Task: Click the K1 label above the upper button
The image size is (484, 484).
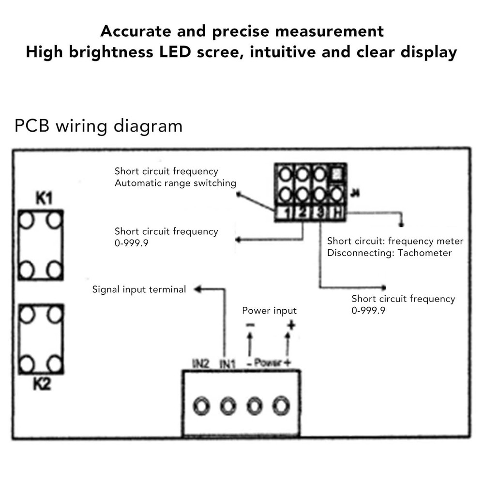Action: [x=44, y=198]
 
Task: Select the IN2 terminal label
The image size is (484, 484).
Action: [x=200, y=363]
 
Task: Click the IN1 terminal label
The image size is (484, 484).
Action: [x=227, y=363]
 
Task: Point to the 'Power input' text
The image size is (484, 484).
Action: [x=269, y=311]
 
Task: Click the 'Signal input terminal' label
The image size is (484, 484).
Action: [x=139, y=289]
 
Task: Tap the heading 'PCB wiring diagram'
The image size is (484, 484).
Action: [x=99, y=126]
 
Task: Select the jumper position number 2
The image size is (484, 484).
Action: [x=302, y=213]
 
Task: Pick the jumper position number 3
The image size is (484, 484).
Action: [x=319, y=213]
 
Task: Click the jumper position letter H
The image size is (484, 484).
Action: [x=336, y=213]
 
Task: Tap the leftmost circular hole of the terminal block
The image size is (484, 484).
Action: [x=200, y=406]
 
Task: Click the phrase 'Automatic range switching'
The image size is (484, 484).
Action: [x=175, y=183]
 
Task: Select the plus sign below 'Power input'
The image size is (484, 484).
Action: [x=291, y=326]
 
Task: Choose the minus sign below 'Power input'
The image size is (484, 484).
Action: [x=250, y=326]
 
